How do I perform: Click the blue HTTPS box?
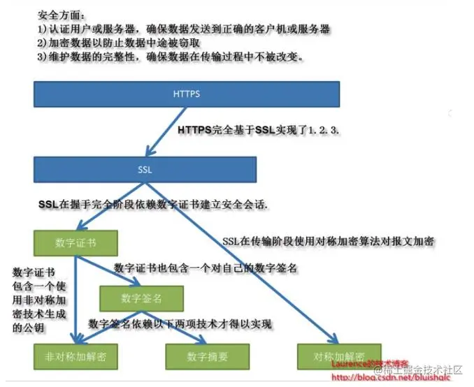(x=187, y=94)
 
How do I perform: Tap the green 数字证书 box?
(x=75, y=242)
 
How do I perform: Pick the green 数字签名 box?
(x=141, y=298)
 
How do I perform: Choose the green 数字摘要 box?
(x=207, y=356)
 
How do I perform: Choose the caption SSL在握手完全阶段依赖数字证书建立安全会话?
(x=154, y=205)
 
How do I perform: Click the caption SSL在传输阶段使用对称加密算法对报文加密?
(x=329, y=241)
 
